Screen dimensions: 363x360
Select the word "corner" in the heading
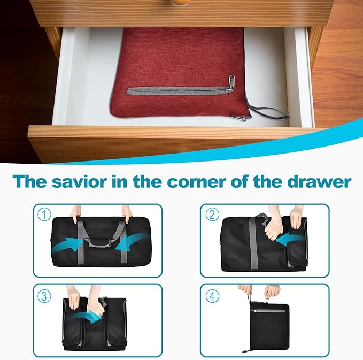[x=197, y=182]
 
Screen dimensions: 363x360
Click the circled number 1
[x=44, y=215]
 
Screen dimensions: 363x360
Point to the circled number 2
[x=212, y=215]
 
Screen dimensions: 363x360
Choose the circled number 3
[x=44, y=296]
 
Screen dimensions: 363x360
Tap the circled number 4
[x=212, y=296]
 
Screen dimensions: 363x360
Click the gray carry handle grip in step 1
[x=99, y=243]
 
